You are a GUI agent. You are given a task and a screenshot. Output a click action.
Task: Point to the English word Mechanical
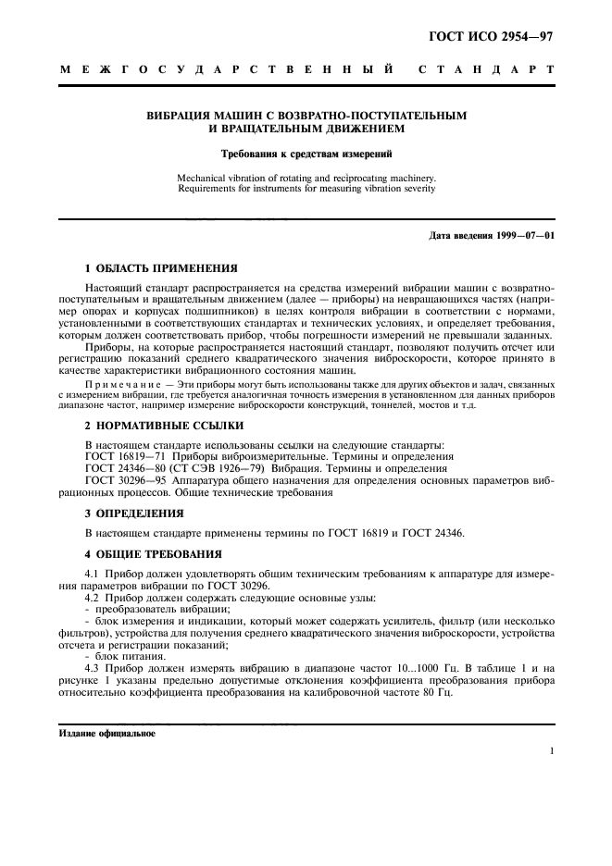(x=205, y=177)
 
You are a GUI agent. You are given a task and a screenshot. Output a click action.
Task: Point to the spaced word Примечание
(x=117, y=382)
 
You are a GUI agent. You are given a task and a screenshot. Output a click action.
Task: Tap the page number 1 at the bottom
(x=551, y=752)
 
